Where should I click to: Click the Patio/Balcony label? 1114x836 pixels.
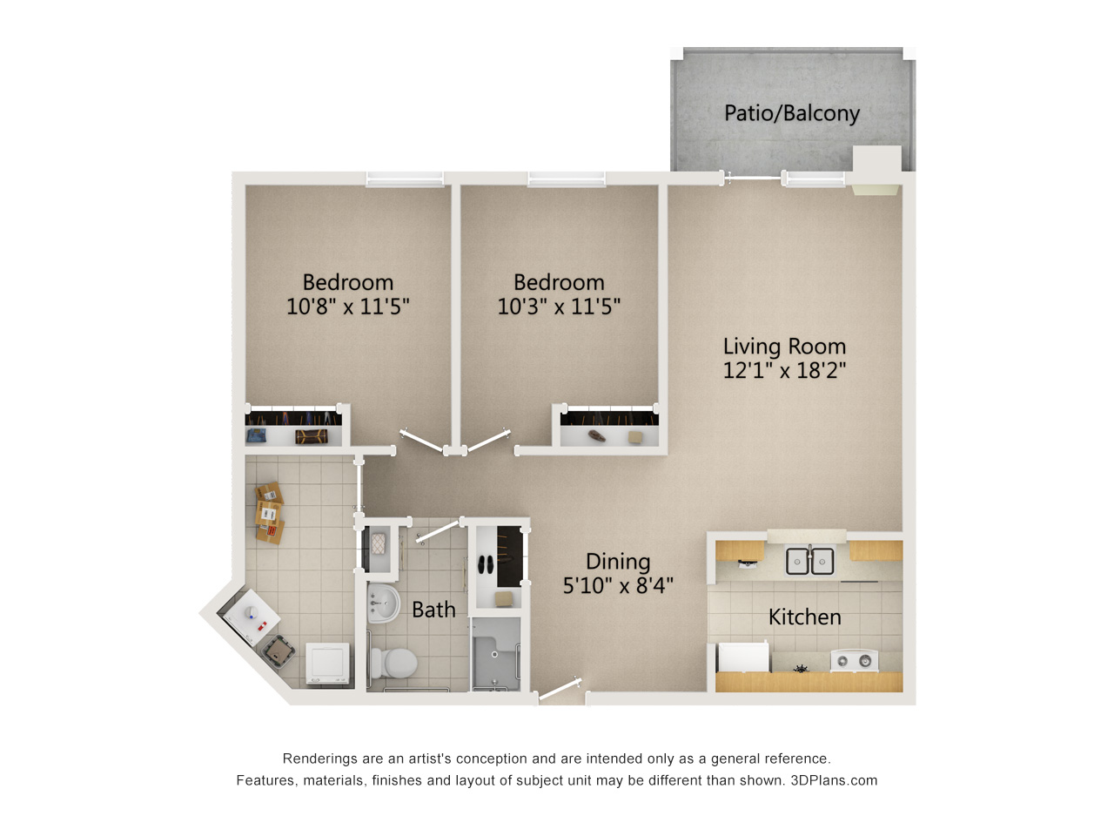(x=791, y=113)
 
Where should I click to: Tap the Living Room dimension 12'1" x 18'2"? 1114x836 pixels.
(x=784, y=370)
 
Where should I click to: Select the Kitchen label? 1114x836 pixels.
(x=804, y=617)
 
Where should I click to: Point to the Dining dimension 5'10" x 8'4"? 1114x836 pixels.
(x=618, y=585)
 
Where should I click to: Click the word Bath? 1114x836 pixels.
(x=433, y=610)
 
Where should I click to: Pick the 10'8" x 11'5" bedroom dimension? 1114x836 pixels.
(x=347, y=306)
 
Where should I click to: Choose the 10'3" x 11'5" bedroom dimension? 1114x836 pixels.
(x=559, y=306)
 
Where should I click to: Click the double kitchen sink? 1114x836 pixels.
(x=809, y=560)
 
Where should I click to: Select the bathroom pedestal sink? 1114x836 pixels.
(x=383, y=603)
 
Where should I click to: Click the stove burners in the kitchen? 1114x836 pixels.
(x=854, y=661)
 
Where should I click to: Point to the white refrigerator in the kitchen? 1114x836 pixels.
(x=743, y=657)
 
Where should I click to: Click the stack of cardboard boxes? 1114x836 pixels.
(x=269, y=513)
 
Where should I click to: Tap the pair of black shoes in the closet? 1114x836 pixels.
(x=487, y=565)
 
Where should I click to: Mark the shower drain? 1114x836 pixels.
(x=494, y=654)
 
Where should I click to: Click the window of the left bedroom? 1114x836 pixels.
(x=405, y=179)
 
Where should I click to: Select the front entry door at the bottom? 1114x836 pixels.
(x=560, y=690)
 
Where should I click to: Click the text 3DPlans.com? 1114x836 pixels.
(x=834, y=780)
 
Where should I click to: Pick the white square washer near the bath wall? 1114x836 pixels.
(x=327, y=664)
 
